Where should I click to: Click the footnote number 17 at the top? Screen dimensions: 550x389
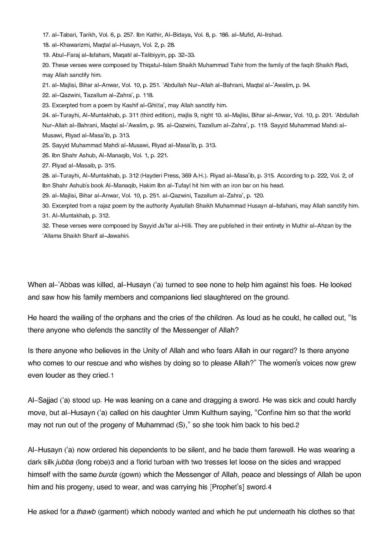[x=46, y=35]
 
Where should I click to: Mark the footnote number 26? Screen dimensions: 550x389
[x=46, y=156]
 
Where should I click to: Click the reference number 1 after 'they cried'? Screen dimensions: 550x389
[x=112, y=376]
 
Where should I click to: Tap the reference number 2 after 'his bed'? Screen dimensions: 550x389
[x=297, y=425]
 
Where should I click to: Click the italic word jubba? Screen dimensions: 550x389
[x=64, y=462]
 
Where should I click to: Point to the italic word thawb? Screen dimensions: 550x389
[x=86, y=512]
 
